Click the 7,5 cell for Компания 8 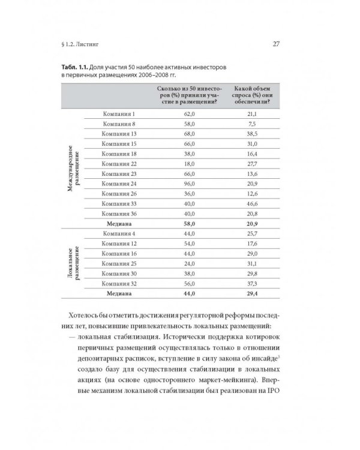[x=251, y=125]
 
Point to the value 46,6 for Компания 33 [x=251, y=203]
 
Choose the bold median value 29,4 [x=251, y=294]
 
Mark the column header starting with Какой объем [x=251, y=95]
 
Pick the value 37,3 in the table [x=251, y=283]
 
